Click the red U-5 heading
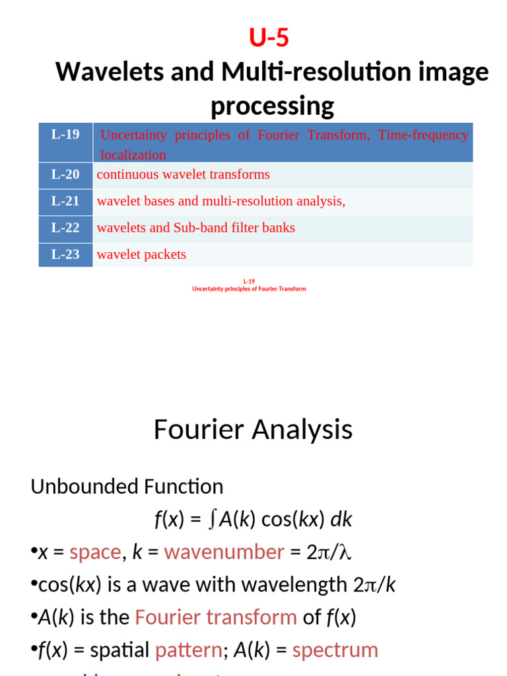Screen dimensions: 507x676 [x=269, y=39]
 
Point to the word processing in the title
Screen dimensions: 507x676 [x=272, y=106]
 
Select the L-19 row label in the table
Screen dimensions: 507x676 [x=65, y=135]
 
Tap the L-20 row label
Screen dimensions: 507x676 [x=65, y=175]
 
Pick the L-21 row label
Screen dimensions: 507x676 [x=65, y=201]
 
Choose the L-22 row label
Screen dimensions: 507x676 [x=65, y=228]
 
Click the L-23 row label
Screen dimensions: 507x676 [x=65, y=254]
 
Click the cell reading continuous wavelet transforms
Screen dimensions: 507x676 [x=184, y=175]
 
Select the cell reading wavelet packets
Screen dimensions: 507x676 [x=141, y=254]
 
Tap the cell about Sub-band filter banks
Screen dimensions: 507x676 [x=196, y=228]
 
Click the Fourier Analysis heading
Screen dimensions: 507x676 [x=253, y=430]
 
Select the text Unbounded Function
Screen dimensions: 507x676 [x=127, y=487]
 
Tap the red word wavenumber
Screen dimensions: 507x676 [x=224, y=552]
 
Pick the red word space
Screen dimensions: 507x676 [x=95, y=552]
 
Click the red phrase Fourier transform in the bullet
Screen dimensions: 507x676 [x=215, y=617]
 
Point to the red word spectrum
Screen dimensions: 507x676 [x=335, y=650]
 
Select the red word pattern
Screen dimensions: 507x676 [x=188, y=650]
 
